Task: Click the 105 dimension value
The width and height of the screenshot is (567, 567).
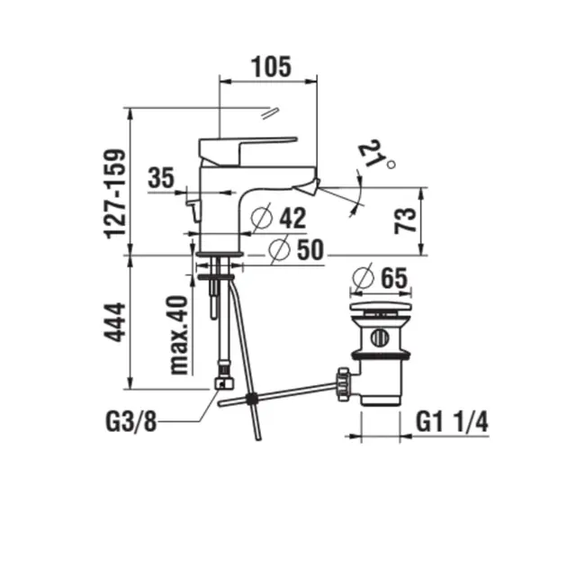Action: [x=271, y=67]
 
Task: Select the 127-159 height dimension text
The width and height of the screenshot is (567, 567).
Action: [x=115, y=193]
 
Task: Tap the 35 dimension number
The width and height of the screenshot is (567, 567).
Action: [x=161, y=177]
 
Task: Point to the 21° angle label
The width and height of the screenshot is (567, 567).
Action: [x=376, y=155]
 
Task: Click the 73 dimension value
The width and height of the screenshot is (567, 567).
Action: [x=405, y=220]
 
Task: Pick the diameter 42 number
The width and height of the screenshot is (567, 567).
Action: [x=292, y=218]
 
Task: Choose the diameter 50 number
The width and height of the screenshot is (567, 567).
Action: [x=310, y=249]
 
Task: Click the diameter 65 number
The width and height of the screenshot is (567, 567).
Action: [x=394, y=278]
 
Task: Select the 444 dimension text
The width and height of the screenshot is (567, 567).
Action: [x=115, y=322]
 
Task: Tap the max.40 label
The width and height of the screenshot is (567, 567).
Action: [x=179, y=335]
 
